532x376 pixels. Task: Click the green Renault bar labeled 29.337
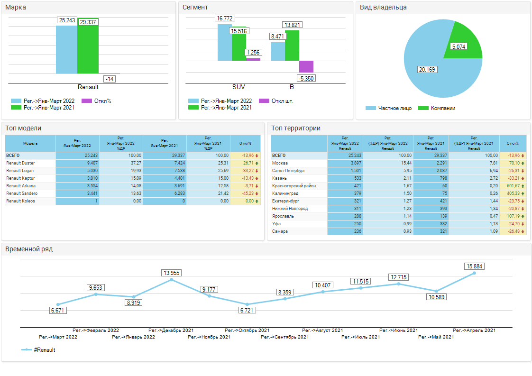click(x=88, y=50)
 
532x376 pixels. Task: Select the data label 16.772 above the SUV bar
click(x=225, y=18)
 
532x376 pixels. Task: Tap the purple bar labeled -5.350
click(x=306, y=66)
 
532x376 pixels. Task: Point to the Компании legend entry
click(x=443, y=108)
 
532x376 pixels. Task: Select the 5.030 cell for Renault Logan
click(x=91, y=171)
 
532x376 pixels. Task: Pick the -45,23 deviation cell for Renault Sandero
click(x=246, y=193)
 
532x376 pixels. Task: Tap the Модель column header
click(x=30, y=143)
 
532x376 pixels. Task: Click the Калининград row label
click(x=284, y=193)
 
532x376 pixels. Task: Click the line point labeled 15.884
click(x=474, y=273)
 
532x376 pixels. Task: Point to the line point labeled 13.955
click(x=171, y=280)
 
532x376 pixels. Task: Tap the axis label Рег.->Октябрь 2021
click(x=247, y=330)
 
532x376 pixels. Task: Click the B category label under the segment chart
click(x=292, y=87)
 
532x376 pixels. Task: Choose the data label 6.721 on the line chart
click(x=247, y=311)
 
